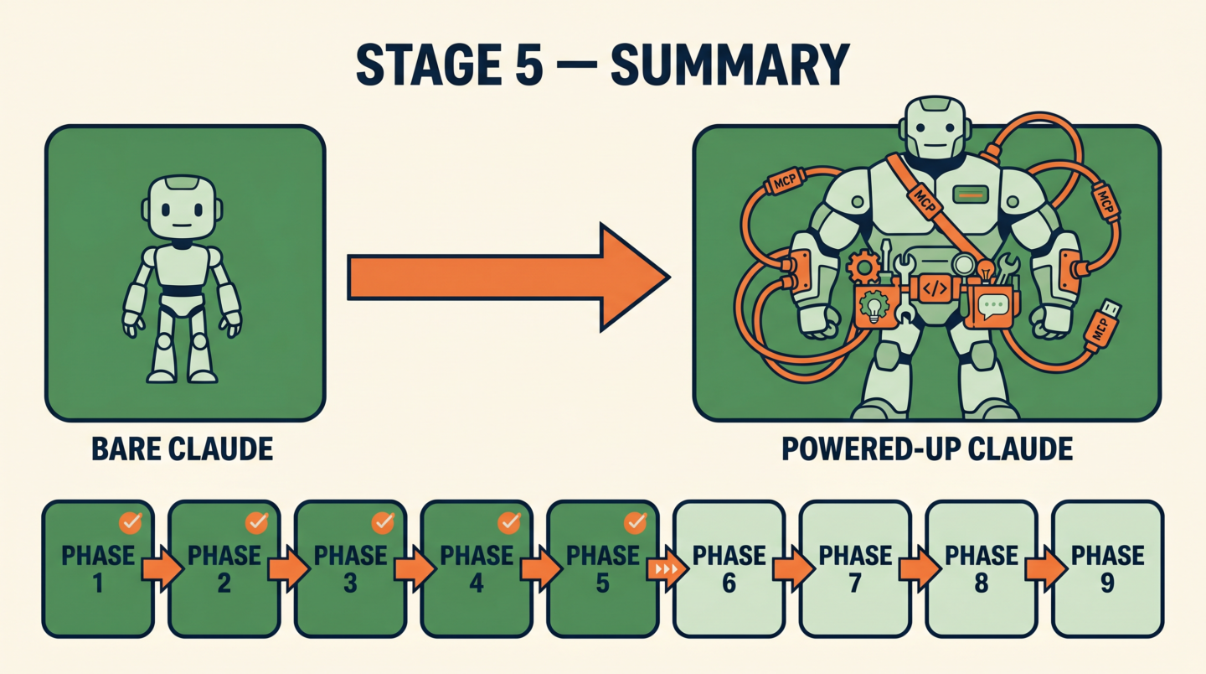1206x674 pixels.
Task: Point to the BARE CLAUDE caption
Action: (182, 449)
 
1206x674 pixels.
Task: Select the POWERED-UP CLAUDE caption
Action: (927, 449)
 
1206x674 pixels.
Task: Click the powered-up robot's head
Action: (935, 128)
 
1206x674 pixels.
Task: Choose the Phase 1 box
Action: (98, 569)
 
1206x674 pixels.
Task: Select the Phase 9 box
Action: (1107, 569)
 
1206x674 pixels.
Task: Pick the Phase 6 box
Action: (729, 569)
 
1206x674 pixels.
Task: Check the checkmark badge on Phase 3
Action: (383, 522)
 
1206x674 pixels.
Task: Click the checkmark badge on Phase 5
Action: (636, 522)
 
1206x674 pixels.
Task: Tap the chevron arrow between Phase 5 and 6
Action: (667, 569)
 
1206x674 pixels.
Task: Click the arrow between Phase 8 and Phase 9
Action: (1045, 569)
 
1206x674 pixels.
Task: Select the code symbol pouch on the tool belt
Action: (935, 288)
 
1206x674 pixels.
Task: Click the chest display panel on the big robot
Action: (970, 194)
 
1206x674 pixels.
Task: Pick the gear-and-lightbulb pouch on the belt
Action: (875, 307)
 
